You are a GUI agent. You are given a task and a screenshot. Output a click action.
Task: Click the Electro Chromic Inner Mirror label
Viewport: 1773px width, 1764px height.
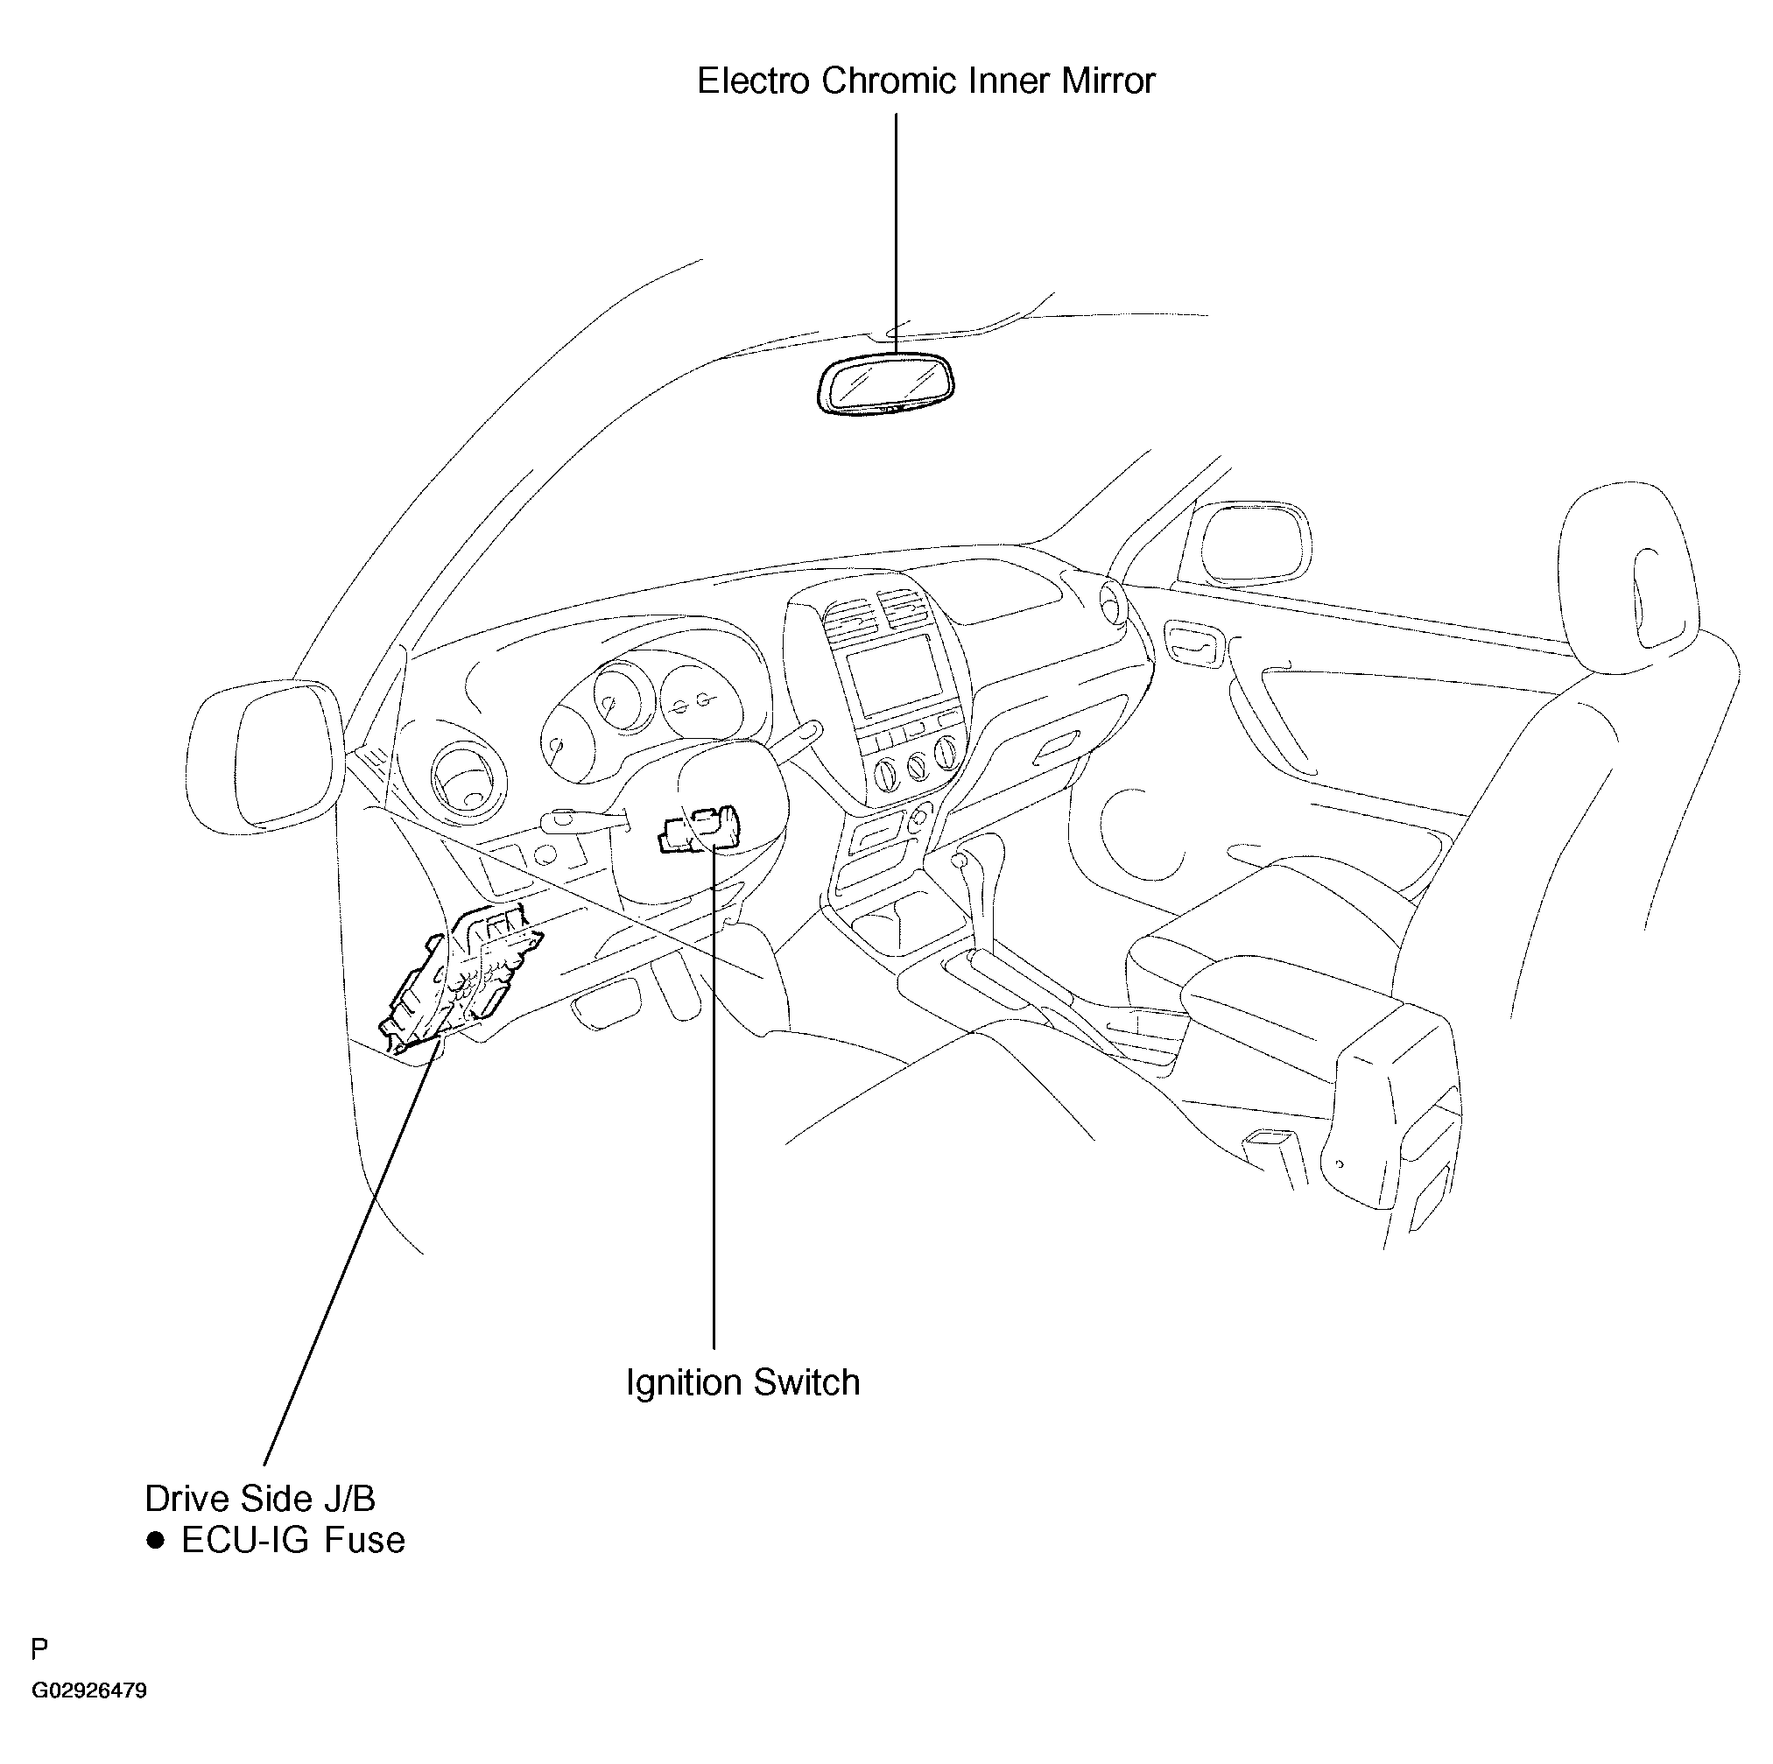click(925, 81)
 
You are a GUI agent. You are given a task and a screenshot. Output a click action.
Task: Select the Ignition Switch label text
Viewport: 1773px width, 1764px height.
click(742, 1382)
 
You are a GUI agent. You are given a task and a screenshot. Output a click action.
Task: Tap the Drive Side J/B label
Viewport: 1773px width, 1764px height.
click(260, 1499)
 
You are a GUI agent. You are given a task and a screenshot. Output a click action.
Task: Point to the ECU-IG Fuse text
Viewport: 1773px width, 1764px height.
click(292, 1540)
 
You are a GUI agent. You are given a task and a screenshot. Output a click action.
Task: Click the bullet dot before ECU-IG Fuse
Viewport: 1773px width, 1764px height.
click(155, 1540)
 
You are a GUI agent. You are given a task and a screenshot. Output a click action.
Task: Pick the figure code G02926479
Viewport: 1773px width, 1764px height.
click(89, 1690)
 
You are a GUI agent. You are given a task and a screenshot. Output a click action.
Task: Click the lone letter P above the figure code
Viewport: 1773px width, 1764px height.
click(39, 1649)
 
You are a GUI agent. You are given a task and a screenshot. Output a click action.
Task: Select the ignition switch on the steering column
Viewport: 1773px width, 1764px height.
click(698, 830)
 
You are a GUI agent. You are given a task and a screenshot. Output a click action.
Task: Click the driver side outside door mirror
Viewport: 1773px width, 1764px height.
click(264, 756)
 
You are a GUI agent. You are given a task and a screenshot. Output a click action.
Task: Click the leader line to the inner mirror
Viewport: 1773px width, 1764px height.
click(896, 233)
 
